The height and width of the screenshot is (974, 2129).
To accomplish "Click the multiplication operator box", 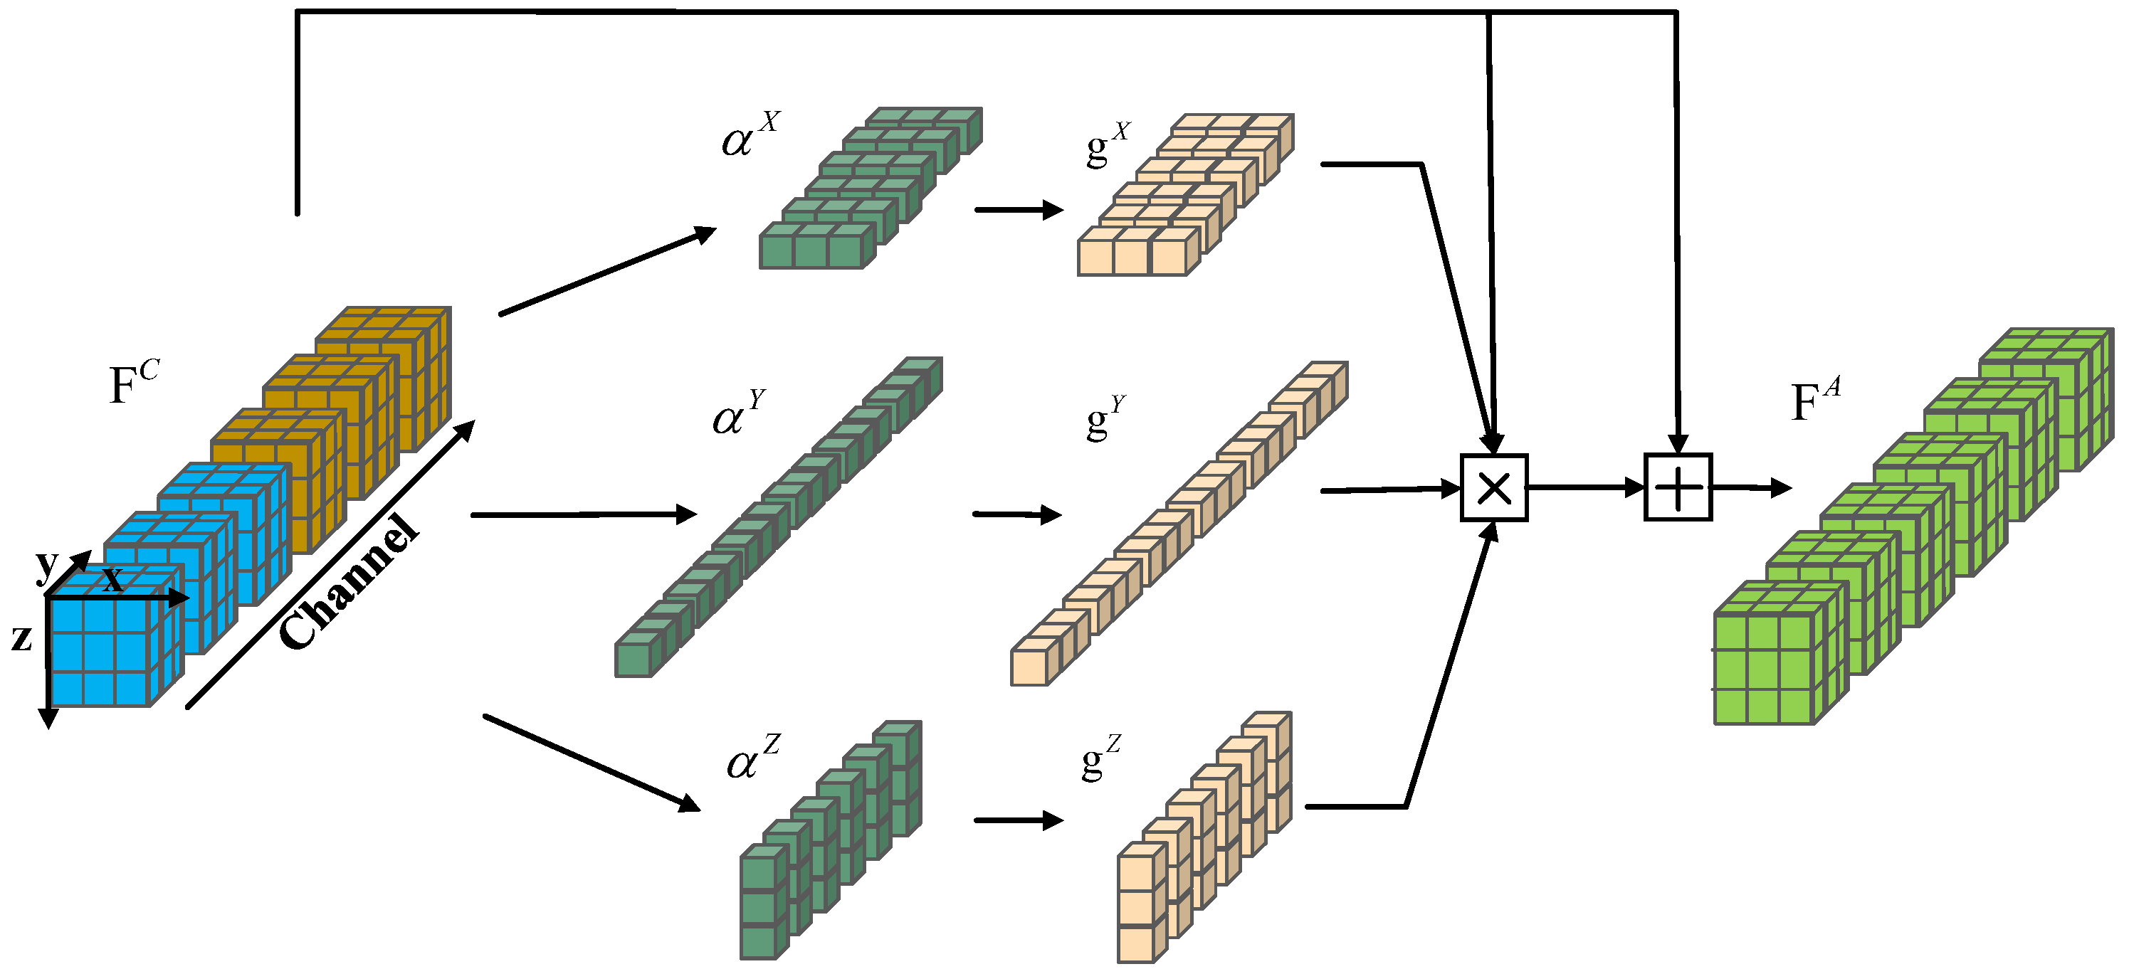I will coord(1493,487).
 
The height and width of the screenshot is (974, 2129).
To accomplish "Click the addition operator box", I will coord(1677,487).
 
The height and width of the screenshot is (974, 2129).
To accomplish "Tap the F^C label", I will coord(132,383).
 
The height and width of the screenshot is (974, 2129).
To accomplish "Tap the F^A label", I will coord(1814,401).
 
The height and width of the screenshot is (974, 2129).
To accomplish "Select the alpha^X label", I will coord(749,137).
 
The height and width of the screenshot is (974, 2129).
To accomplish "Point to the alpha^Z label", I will coord(750,758).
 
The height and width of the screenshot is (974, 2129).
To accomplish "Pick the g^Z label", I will coord(1099,758).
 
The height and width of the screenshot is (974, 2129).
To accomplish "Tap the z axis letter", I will coord(22,637).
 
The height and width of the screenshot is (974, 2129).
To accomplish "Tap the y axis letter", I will coord(47,563).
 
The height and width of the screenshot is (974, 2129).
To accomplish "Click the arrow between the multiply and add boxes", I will coord(1585,487).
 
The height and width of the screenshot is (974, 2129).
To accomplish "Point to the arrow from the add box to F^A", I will coord(1750,488).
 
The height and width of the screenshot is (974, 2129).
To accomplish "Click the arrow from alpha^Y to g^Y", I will coord(1016,514).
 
